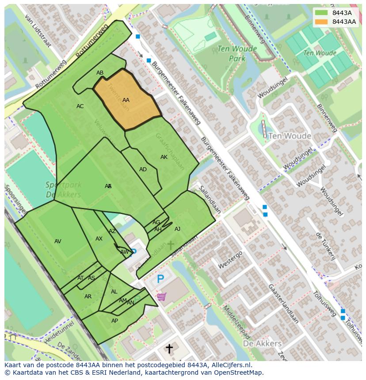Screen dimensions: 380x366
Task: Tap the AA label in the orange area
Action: tap(126, 100)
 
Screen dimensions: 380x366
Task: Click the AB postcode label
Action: tap(100, 73)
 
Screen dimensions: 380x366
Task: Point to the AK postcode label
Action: tap(164, 157)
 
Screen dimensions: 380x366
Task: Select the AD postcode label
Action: tap(143, 169)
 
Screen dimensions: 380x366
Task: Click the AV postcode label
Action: tap(58, 241)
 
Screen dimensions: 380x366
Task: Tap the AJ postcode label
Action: tap(177, 229)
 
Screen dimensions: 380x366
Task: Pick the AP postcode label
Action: tap(114, 321)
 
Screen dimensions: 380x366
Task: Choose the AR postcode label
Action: tap(88, 297)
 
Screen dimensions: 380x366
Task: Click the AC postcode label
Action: tap(80, 106)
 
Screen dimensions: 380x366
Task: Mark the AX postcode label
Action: tap(99, 239)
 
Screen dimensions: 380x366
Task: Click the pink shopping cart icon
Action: tap(161, 297)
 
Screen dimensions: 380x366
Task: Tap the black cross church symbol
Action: tap(169, 349)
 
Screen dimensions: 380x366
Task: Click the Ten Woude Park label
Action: tap(231, 54)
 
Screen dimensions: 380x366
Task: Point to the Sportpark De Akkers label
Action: tap(63, 190)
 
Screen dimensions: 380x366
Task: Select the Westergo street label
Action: tap(230, 260)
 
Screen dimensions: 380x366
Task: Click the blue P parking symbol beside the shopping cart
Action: tap(160, 279)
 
